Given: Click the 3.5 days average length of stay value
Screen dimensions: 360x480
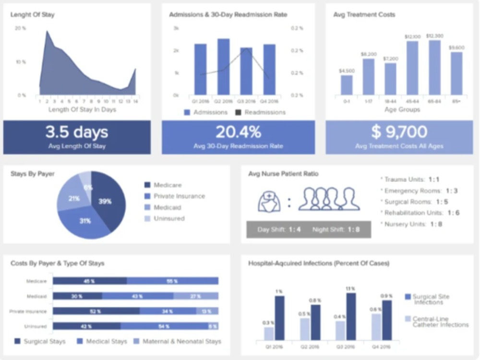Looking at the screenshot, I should [x=77, y=132].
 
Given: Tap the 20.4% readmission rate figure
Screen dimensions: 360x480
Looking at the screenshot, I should [x=238, y=132].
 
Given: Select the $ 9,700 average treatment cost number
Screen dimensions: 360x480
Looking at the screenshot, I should [x=399, y=132].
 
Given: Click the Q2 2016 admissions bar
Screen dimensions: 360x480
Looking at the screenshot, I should [x=223, y=67].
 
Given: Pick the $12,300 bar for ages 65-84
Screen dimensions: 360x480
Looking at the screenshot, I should [x=434, y=68].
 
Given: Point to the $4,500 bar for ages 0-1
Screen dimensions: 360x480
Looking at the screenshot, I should [x=347, y=85].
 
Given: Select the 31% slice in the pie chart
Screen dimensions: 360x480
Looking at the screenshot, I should [x=85, y=221].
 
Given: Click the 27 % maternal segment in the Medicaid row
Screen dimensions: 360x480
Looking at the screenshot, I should [x=196, y=296].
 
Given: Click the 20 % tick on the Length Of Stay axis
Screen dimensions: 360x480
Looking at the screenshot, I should [x=20, y=28].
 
